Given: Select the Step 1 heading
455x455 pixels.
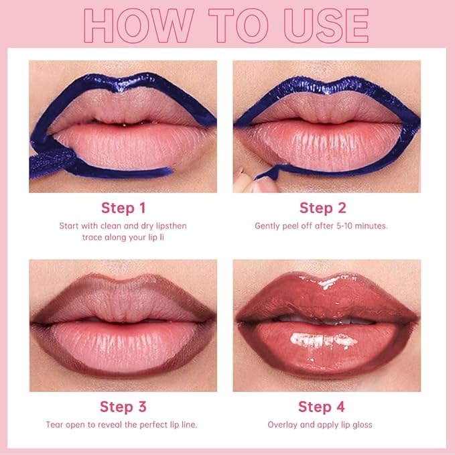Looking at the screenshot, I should (123, 208).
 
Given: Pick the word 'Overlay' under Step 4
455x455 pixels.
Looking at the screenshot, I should (282, 425).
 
